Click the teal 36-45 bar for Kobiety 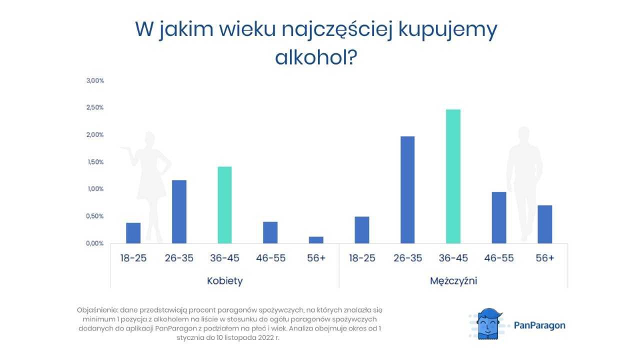[x=224, y=205]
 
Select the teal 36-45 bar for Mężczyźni [x=453, y=176]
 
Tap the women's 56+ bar [x=316, y=240]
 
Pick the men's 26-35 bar [x=407, y=189]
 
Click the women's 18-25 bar [x=133, y=233]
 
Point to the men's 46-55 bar [x=499, y=217]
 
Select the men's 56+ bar [x=545, y=224]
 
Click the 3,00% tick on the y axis [x=95, y=80]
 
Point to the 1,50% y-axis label [x=95, y=162]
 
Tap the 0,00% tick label [x=94, y=243]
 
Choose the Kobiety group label [x=225, y=281]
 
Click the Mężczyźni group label [x=453, y=281]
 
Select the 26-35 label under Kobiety [x=179, y=258]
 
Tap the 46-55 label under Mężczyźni [x=499, y=258]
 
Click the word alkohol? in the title [x=316, y=57]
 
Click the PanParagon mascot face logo [x=488, y=324]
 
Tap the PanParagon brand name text [x=539, y=325]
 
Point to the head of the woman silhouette [x=149, y=138]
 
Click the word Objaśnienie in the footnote [x=97, y=310]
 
